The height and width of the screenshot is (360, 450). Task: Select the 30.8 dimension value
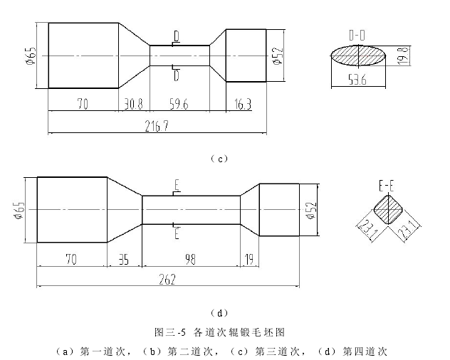(133, 103)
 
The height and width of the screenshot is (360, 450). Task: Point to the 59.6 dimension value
(179, 103)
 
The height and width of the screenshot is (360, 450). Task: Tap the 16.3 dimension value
(243, 103)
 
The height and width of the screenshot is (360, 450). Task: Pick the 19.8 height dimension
(401, 55)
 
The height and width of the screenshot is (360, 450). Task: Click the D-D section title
(357, 34)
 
